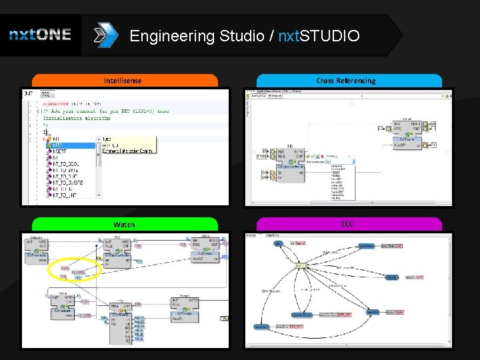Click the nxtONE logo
coord(40,35)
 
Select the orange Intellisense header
coord(125,81)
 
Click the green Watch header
coord(125,225)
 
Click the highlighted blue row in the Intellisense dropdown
coord(73,145)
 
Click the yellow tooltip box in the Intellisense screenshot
coord(128,145)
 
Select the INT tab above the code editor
coord(29,94)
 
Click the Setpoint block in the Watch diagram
coord(40,251)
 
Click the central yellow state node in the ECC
coord(300,265)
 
